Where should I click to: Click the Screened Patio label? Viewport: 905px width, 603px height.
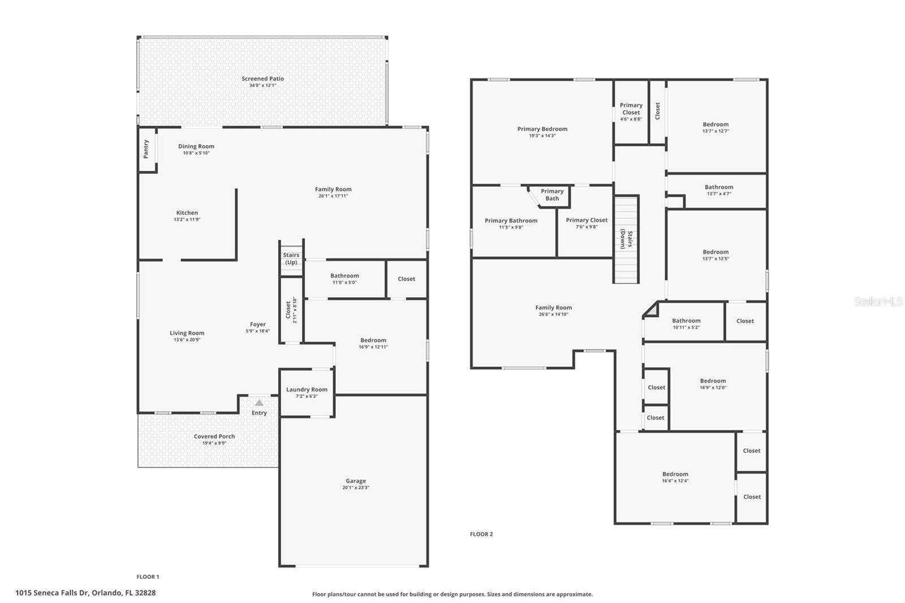(x=262, y=79)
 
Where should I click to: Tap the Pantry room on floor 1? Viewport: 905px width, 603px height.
(x=146, y=149)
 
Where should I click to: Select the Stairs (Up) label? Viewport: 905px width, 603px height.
(x=291, y=259)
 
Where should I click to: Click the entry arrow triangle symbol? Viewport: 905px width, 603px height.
(x=259, y=403)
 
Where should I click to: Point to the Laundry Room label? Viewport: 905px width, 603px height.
(x=307, y=389)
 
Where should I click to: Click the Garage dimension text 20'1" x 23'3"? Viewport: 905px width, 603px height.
(x=356, y=488)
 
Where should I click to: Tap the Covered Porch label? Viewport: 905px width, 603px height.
(x=214, y=436)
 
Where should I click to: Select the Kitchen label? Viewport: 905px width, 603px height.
(x=187, y=213)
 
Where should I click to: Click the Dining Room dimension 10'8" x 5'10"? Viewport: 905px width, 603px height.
(x=196, y=153)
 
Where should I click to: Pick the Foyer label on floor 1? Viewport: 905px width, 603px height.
(x=258, y=324)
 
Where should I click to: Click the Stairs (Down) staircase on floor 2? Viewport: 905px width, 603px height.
(x=626, y=239)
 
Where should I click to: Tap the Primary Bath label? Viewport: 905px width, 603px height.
(x=552, y=195)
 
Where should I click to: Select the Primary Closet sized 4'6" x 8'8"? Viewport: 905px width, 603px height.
(x=631, y=111)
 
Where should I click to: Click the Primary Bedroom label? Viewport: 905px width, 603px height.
(x=542, y=129)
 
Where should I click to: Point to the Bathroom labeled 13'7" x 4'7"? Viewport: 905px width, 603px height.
(x=719, y=189)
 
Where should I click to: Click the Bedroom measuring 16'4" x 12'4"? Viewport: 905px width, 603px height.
(x=675, y=477)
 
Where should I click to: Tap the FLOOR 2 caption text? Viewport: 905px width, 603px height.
(x=481, y=534)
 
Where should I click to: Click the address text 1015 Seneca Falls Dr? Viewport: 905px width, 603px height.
(x=85, y=593)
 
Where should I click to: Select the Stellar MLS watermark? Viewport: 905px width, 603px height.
(x=878, y=302)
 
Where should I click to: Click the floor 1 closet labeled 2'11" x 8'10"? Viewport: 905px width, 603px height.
(x=291, y=311)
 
